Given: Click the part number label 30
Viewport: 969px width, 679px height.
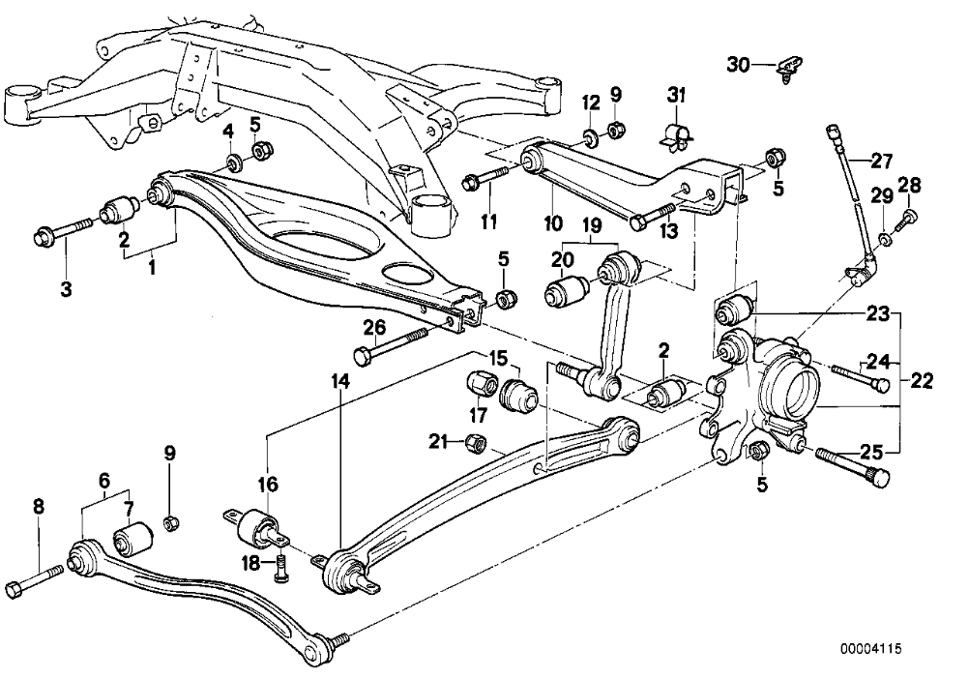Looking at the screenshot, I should pos(738,65).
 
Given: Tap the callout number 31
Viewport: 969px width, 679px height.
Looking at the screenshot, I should pos(675,95).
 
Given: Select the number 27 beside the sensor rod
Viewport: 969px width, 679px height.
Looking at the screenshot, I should pos(882,161).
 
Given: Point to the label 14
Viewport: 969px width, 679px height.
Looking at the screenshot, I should pos(339,382).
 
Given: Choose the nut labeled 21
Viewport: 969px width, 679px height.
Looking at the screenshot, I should pos(476,443).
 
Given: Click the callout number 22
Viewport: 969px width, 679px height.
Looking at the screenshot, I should pos(921,381).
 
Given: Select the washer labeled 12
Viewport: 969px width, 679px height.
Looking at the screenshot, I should pos(588,133).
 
